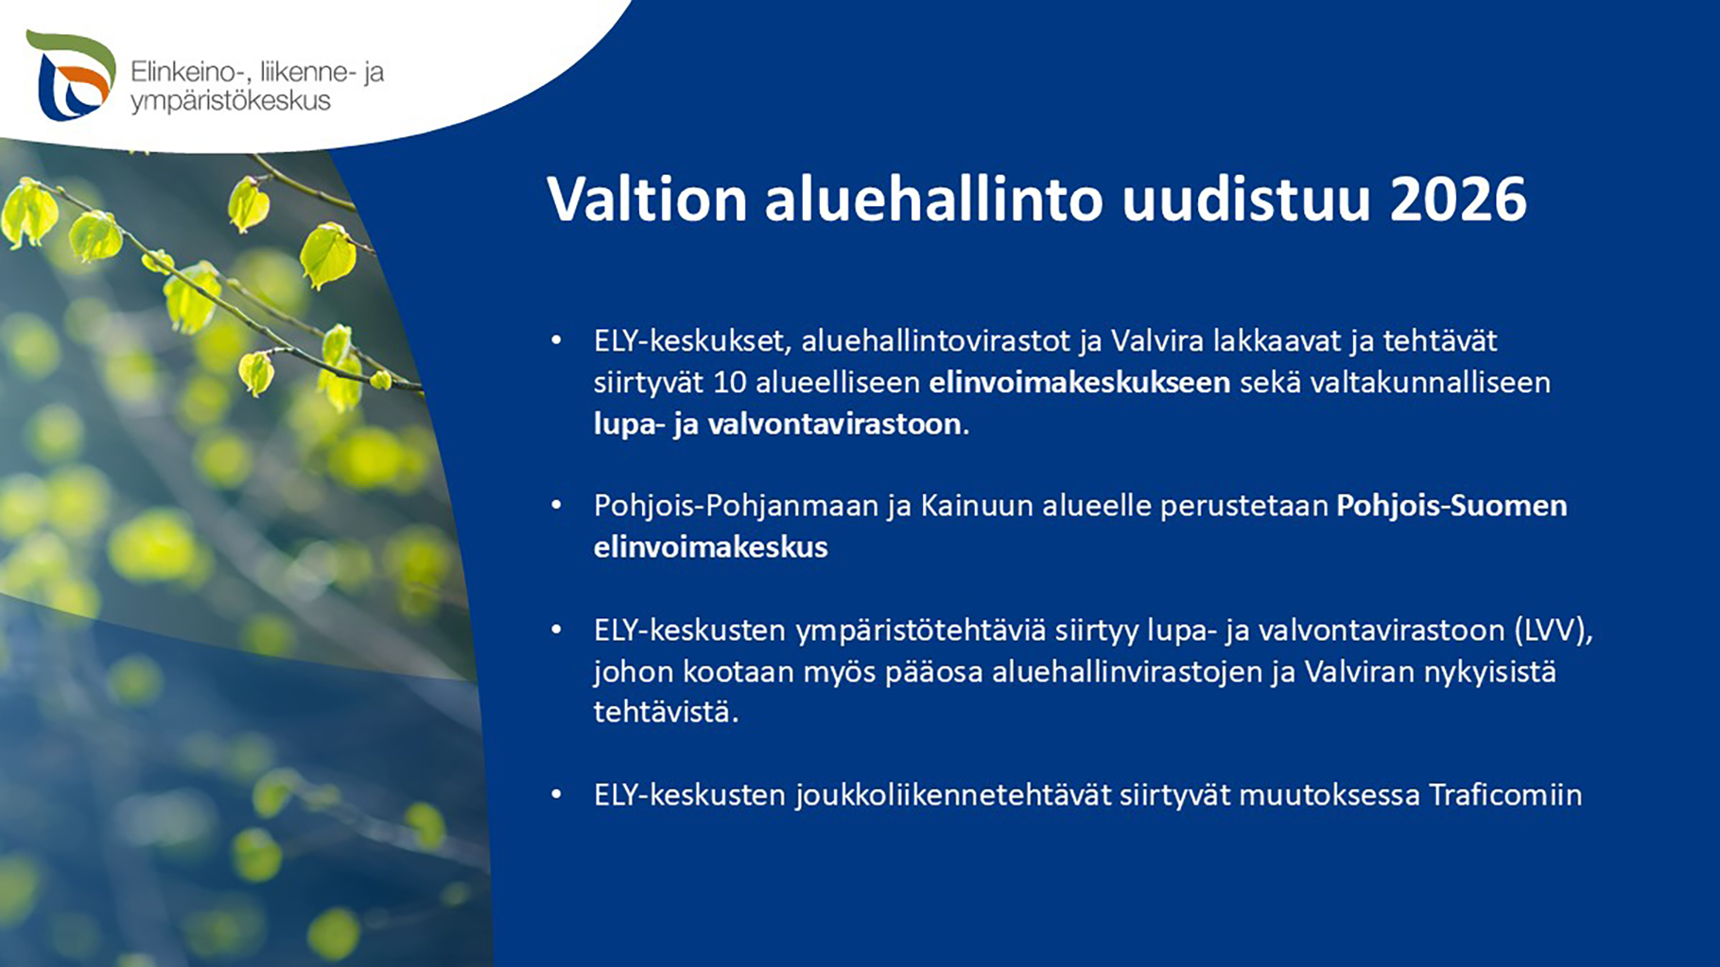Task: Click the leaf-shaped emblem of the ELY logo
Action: (71, 76)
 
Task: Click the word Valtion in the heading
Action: (647, 199)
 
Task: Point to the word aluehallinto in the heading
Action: (933, 199)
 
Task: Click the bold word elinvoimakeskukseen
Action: (1079, 382)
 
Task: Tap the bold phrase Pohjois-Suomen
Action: (1451, 506)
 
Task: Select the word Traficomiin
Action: (1505, 795)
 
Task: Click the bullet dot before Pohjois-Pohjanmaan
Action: (556, 506)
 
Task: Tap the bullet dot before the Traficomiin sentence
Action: (556, 795)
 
